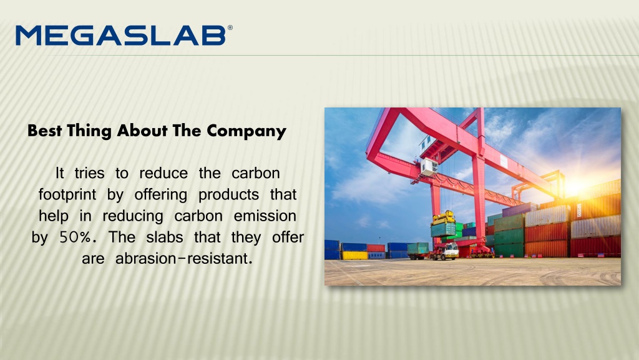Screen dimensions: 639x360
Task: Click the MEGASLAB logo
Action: point(124,35)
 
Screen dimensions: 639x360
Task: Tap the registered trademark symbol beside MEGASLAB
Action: point(230,27)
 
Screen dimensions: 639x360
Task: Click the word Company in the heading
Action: point(246,131)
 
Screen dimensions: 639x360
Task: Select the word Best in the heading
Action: point(45,131)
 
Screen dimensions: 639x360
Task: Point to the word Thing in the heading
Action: point(89,131)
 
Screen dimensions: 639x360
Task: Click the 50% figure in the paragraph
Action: point(76,237)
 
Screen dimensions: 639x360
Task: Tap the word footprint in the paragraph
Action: point(67,195)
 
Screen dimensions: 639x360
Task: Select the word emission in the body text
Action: point(265,216)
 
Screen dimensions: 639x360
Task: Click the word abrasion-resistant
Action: point(184,258)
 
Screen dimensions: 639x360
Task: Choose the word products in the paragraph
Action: point(228,195)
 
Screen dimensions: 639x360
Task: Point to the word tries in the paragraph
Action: point(89,173)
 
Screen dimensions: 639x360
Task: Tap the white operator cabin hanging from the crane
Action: point(429,166)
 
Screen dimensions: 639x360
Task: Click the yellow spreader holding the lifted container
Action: point(444,218)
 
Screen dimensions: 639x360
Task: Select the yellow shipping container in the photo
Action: point(354,255)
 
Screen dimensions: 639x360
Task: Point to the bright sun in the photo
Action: point(574,187)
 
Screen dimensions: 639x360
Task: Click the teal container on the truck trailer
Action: point(417,248)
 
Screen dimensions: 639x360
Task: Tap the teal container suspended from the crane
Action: point(444,230)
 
